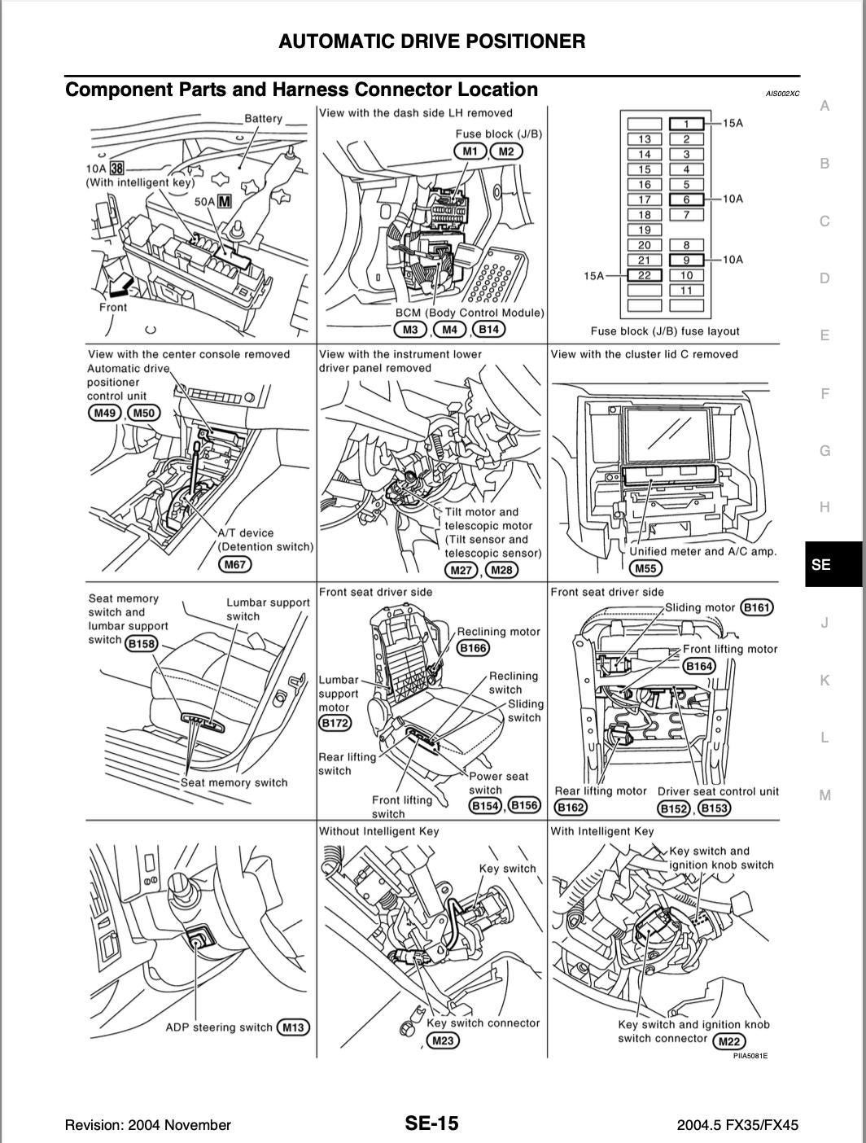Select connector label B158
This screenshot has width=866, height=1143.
tap(142, 643)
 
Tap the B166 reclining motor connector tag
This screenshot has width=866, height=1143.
tap(474, 648)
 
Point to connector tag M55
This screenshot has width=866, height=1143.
tap(645, 569)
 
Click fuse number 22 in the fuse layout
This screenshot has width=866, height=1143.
tap(645, 275)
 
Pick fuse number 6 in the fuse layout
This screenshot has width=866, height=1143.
tap(686, 199)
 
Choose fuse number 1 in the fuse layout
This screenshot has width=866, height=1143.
tap(686, 124)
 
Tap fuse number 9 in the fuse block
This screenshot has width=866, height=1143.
tap(686, 261)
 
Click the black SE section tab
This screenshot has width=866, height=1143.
tap(833, 563)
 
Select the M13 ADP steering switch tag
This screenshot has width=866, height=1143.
tap(293, 1027)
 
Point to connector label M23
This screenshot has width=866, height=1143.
tap(443, 1040)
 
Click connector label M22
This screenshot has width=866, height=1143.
tap(729, 1041)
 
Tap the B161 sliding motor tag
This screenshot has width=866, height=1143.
tap(756, 607)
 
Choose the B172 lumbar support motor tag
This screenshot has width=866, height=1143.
tap(334, 722)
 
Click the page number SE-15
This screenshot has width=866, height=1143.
tap(432, 1123)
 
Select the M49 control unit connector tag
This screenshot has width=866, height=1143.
tap(104, 413)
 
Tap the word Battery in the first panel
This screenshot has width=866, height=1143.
tap(263, 119)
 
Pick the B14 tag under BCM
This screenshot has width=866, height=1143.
tap(488, 329)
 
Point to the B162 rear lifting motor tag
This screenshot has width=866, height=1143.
tap(570, 808)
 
